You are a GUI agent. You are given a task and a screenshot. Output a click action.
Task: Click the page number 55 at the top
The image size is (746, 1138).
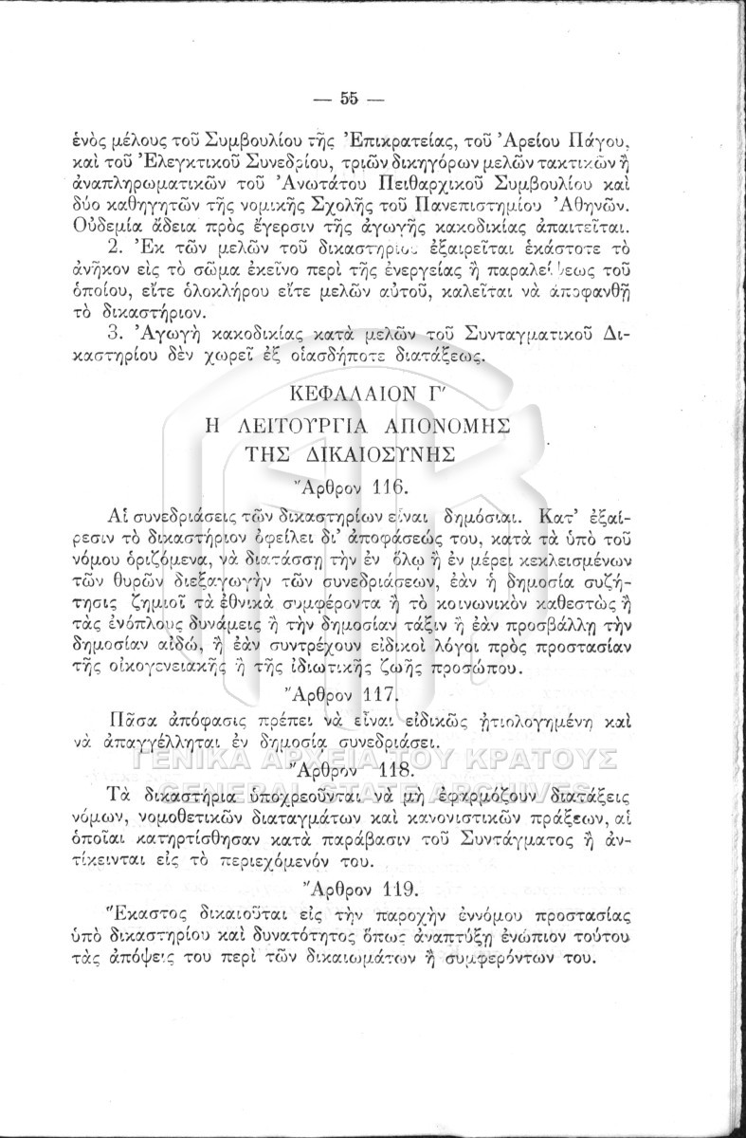pos(347,98)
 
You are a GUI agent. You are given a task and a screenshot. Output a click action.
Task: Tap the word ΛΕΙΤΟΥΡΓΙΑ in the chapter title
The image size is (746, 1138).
pos(300,424)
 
